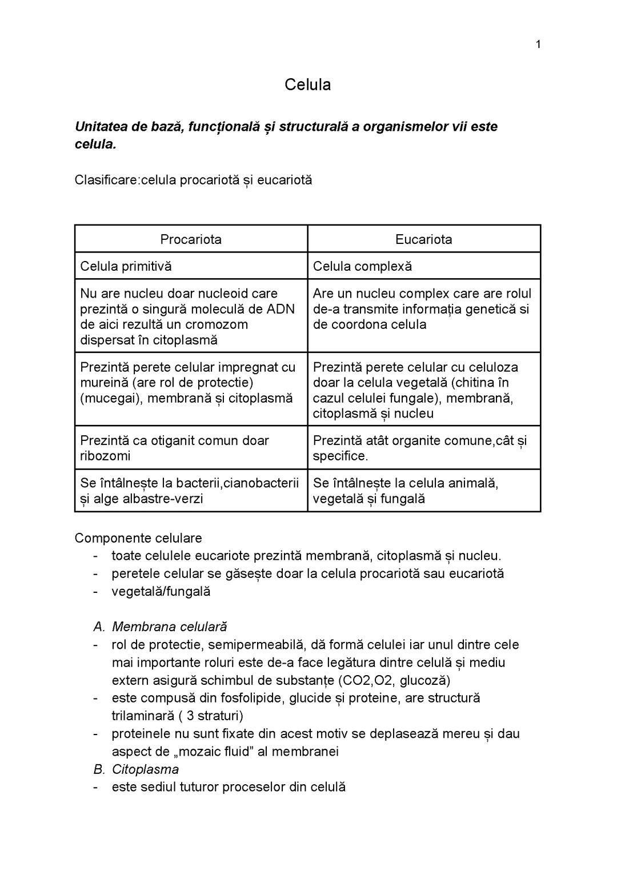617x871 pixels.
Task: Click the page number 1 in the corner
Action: (x=538, y=45)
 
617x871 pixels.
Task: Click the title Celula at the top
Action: (x=307, y=85)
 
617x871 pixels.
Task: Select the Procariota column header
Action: (x=191, y=239)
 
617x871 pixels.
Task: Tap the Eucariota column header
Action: (x=423, y=239)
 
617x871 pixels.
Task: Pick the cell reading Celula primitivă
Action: (x=126, y=266)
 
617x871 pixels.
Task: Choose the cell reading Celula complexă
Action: (x=362, y=266)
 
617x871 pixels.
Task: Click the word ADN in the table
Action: (x=281, y=309)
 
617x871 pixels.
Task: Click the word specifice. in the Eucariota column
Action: (x=340, y=456)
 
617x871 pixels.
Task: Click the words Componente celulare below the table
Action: (x=138, y=538)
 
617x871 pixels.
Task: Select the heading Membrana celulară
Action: (x=169, y=627)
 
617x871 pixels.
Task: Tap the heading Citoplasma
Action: (x=145, y=769)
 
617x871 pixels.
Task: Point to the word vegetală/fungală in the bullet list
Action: (x=161, y=591)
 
